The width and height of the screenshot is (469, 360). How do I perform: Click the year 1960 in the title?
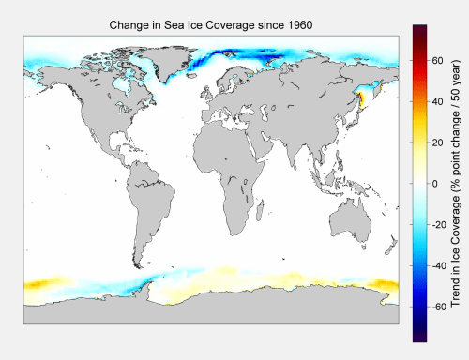click(x=299, y=25)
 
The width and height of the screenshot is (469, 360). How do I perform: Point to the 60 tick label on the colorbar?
click(x=437, y=60)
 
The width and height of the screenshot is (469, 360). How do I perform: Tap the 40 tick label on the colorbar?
click(x=437, y=101)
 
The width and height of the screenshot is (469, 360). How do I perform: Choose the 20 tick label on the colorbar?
click(x=437, y=142)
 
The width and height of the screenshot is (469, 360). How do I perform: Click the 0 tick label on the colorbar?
click(x=434, y=184)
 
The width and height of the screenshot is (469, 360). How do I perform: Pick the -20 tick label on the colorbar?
click(x=439, y=225)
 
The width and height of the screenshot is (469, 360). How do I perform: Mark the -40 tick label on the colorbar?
click(x=439, y=265)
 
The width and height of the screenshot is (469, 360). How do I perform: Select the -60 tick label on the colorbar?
click(x=439, y=307)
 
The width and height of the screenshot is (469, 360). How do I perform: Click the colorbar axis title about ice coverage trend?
click(x=456, y=183)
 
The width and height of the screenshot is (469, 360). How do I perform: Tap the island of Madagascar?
click(x=260, y=210)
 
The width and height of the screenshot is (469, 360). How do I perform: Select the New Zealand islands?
click(x=391, y=246)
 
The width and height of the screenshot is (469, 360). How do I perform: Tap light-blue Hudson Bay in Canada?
click(x=121, y=84)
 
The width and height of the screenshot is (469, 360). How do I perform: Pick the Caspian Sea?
click(x=265, y=113)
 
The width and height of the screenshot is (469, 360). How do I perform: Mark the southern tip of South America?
click(x=140, y=267)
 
